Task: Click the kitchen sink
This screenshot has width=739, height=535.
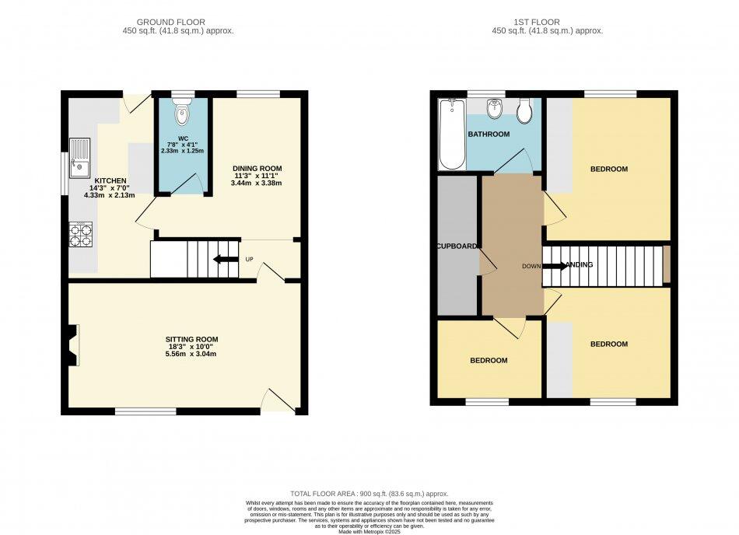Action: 79,156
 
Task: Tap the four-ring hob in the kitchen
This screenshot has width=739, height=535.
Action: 81,234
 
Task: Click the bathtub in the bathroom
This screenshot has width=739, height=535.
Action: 451,134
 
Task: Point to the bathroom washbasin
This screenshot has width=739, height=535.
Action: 493,110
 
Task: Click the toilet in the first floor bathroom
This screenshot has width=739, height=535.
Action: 525,113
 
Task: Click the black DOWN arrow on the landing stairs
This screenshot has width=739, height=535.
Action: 554,265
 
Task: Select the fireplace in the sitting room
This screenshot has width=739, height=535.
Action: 72,344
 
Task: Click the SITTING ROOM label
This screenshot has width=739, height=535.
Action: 191,339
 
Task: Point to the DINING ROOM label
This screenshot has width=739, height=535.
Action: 257,168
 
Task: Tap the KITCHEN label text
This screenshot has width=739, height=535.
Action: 110,180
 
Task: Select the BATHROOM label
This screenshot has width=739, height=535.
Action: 489,135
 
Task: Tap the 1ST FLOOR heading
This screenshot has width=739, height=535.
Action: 547,22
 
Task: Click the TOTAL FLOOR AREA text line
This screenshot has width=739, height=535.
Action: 369,493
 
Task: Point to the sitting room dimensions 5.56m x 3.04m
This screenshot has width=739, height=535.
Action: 191,354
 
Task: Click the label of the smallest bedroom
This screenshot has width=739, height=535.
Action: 489,361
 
